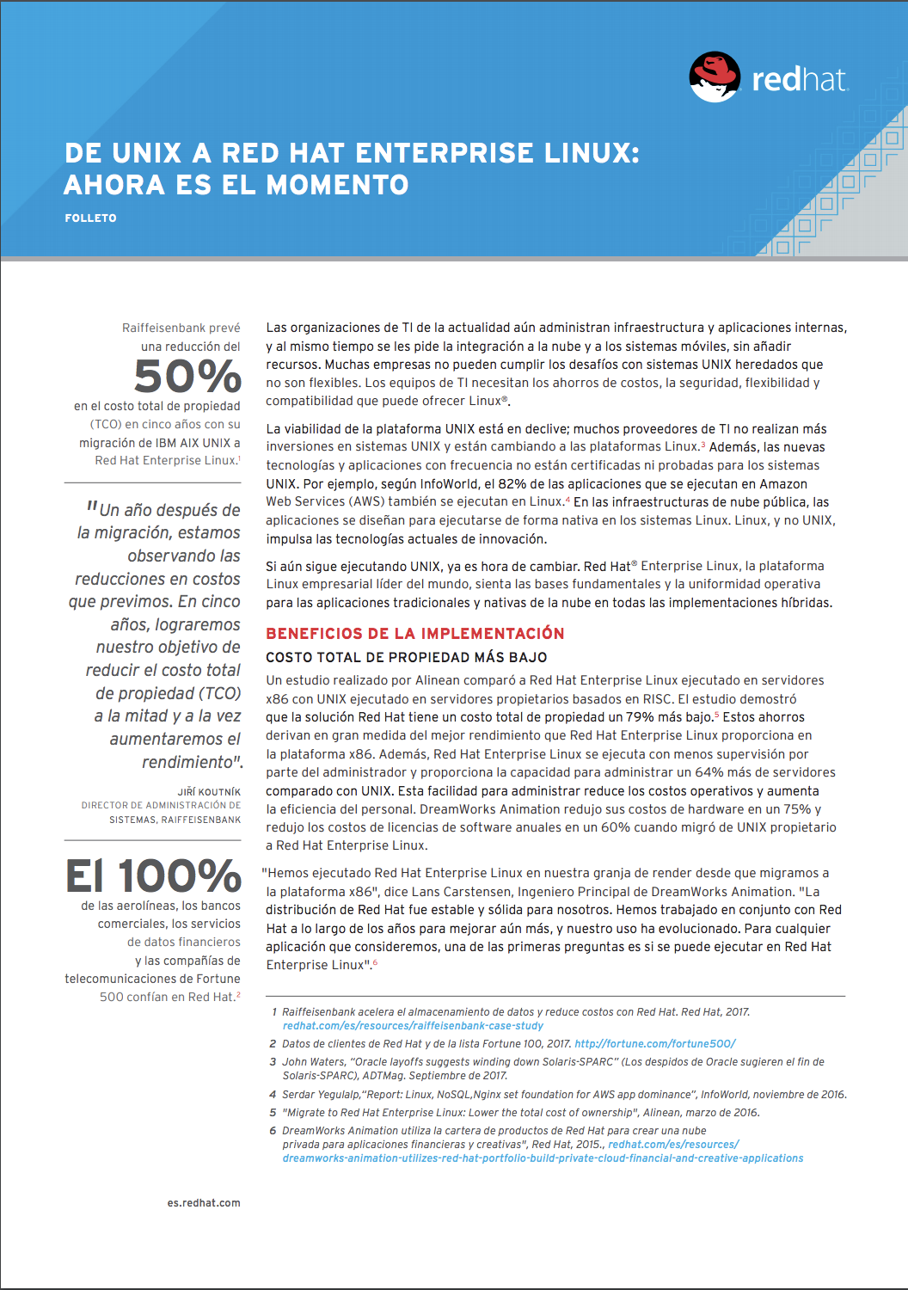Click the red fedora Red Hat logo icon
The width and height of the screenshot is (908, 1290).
(x=715, y=77)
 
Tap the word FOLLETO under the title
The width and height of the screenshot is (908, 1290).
(x=90, y=218)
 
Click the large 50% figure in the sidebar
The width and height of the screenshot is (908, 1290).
(x=187, y=377)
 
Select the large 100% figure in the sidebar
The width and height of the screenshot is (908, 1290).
(x=180, y=876)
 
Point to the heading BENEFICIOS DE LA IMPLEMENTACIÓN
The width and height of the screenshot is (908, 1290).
(x=415, y=634)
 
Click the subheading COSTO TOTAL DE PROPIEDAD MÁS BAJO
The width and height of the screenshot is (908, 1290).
(x=407, y=658)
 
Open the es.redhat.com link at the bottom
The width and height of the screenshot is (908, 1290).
(x=204, y=1203)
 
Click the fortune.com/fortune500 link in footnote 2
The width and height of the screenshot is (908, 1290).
(x=654, y=1044)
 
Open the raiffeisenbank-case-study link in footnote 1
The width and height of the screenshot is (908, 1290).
(x=413, y=1026)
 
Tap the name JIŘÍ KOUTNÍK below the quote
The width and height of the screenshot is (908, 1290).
(x=209, y=792)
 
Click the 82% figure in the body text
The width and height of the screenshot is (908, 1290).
(x=512, y=484)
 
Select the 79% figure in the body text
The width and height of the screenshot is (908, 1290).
(x=641, y=717)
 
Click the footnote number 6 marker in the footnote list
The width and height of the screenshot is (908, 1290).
(x=273, y=1131)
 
